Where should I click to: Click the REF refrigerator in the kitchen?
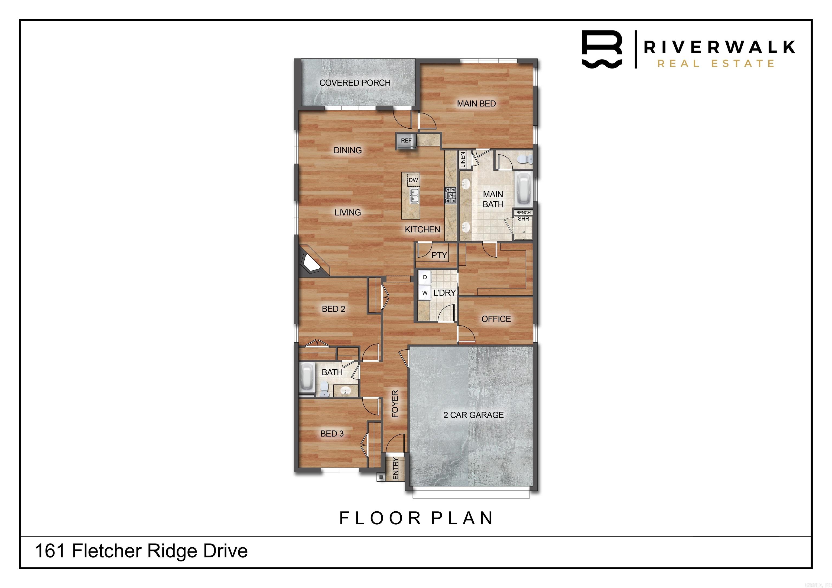click(406, 141)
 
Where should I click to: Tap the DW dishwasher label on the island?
click(413, 180)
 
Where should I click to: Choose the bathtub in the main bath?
click(523, 189)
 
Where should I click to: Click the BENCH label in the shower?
click(523, 213)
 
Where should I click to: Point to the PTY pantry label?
click(439, 255)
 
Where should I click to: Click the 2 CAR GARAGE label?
click(473, 415)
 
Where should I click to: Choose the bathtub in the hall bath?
click(307, 378)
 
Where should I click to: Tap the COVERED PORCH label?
click(355, 83)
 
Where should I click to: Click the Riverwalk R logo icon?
click(602, 49)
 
